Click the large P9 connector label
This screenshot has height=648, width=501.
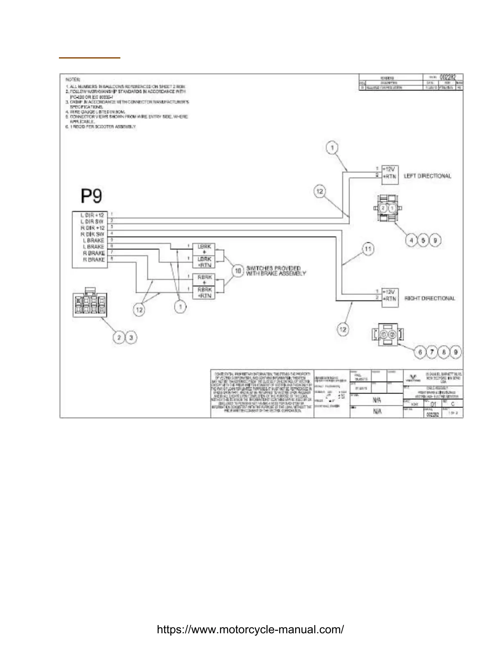pos(91,196)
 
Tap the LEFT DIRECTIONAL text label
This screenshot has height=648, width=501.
pos(427,176)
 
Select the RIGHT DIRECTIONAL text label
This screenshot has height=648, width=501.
pos(429,298)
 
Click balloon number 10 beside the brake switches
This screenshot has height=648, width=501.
pos(238,270)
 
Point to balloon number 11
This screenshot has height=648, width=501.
pos(368,249)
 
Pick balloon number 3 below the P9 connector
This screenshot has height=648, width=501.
pos(131,337)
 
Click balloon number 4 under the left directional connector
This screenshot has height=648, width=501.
pos(411,240)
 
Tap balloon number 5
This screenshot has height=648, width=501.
pos(423,240)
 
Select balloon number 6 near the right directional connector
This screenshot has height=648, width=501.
pos(420,352)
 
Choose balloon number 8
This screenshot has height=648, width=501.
pos(444,352)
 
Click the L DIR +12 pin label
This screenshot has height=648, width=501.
pos(93,215)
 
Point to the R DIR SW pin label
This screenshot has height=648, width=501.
pos(93,234)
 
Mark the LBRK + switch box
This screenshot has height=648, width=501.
pos(204,250)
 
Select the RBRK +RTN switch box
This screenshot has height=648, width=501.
pos(204,292)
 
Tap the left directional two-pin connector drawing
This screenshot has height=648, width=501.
pos(387,209)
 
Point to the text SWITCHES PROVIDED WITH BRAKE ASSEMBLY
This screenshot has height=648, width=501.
pos(275,270)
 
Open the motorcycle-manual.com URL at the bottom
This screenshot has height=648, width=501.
pos(250,630)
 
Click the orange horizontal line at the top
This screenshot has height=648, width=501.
pos(89,58)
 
